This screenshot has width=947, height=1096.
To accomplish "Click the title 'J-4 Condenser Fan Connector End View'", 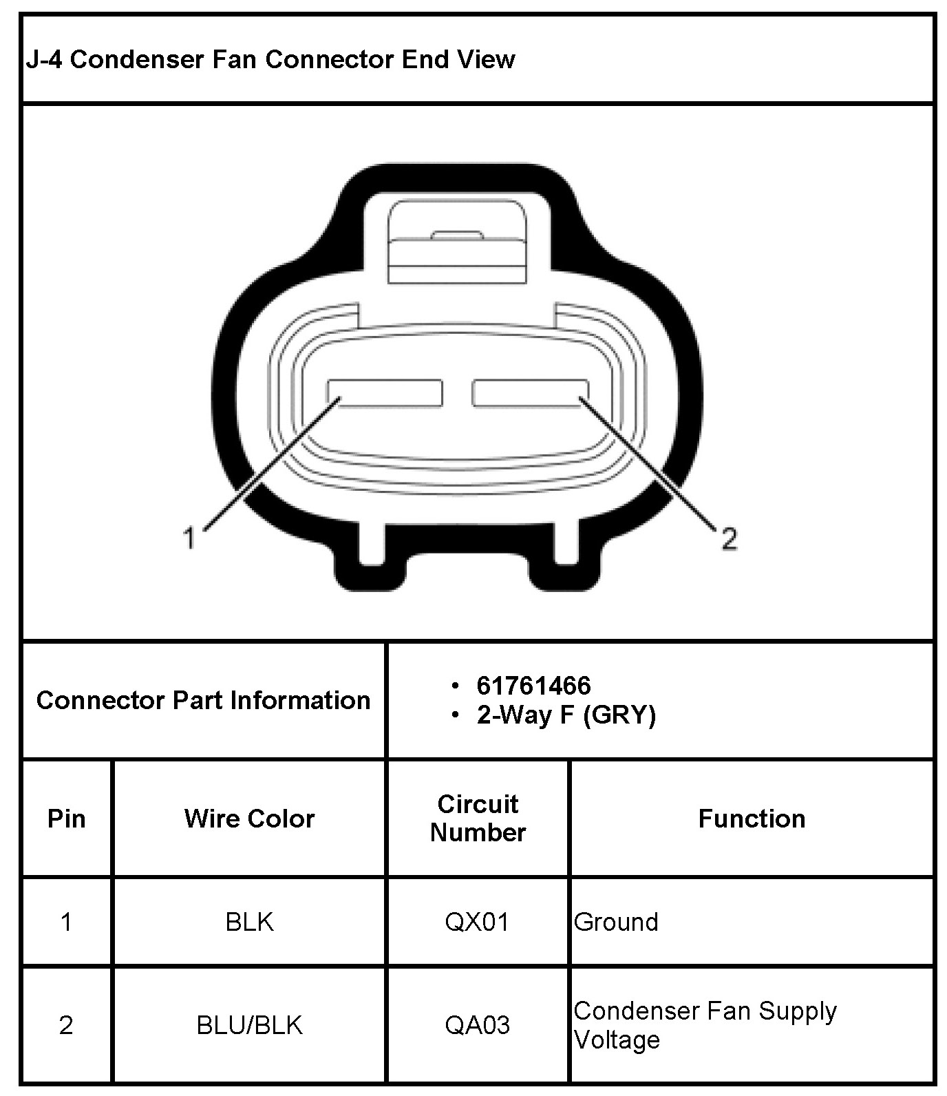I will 270,59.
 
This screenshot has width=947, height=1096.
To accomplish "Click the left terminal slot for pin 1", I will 385,392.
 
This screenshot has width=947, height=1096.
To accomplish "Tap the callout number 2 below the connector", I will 730,538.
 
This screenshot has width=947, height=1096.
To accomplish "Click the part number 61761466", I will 533,686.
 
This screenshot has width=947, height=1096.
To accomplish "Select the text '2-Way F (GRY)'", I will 566,715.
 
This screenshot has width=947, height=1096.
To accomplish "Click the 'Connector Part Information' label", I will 203,700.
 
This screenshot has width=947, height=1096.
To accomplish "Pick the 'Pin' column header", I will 66,819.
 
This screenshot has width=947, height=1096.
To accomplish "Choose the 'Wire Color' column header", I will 249,819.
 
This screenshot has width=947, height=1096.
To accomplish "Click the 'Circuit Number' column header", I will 478,819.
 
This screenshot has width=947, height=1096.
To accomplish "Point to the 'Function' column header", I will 752,819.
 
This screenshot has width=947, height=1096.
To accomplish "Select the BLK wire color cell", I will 249,922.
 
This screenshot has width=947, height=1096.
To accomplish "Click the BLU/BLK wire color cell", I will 249,1025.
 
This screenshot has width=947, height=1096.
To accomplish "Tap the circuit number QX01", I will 478,922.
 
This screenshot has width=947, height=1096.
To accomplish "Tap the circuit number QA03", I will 478,1025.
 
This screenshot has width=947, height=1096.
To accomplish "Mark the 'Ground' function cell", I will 616,922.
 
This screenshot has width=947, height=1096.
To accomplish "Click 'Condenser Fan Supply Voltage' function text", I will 705,1025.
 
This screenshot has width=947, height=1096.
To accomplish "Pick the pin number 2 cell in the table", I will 66,1025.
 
